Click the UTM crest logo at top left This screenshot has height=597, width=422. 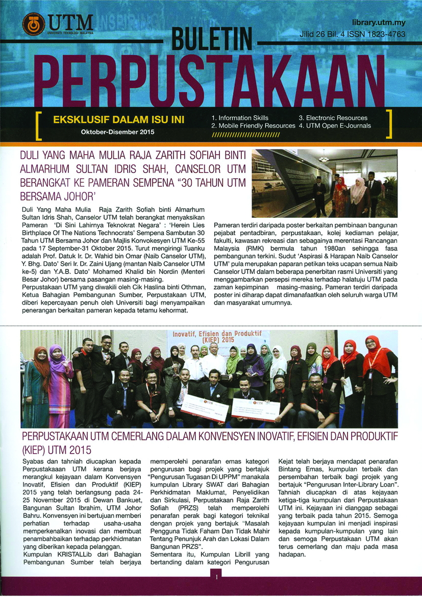34,23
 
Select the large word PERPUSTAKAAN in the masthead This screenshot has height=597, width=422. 210,74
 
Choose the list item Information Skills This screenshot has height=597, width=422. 240,118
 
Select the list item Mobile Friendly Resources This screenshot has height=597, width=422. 254,126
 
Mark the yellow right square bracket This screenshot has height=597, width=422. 388,124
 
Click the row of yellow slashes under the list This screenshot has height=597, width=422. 245,135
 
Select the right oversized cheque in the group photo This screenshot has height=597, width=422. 255,408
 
